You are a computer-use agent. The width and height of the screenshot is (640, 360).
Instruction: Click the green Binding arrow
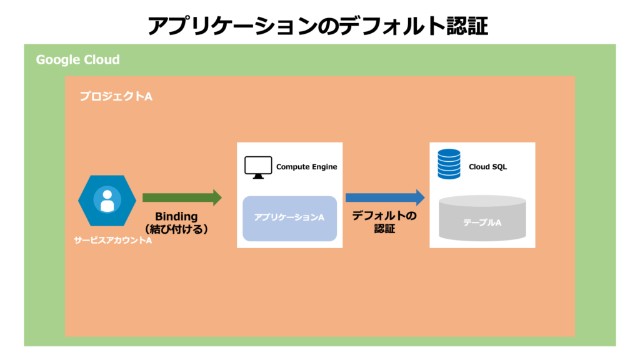point(182,198)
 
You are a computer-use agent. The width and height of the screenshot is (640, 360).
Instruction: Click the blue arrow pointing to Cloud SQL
point(385,198)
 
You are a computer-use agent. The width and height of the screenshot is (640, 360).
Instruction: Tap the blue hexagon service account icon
point(107,201)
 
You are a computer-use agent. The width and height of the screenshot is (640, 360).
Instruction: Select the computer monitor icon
point(258,167)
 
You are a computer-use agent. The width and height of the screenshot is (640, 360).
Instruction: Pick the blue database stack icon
point(449,164)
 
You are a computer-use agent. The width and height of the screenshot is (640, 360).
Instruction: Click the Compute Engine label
point(306,166)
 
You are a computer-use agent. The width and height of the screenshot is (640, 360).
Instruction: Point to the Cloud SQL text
point(487,166)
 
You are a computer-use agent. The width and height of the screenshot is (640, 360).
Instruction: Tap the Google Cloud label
point(78,59)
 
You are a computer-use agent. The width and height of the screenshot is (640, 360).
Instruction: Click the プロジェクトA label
point(116,96)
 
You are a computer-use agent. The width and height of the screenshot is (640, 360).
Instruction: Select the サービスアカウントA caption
point(113,241)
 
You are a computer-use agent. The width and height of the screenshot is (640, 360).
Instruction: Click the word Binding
point(176,216)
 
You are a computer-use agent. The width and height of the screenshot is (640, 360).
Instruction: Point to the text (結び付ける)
point(176,229)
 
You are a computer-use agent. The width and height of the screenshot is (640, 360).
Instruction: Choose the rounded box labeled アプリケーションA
point(290,218)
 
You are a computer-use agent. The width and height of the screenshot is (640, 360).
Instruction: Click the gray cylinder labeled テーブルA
point(482,218)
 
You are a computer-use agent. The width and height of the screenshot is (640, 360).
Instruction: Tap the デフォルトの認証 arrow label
point(384,222)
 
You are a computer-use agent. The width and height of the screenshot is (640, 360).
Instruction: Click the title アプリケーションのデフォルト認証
point(317,26)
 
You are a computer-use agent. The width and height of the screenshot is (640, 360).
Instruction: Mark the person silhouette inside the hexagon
point(107,201)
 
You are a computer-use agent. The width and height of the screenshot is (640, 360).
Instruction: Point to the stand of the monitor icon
point(258,176)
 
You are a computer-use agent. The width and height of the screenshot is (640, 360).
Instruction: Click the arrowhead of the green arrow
point(217,198)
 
